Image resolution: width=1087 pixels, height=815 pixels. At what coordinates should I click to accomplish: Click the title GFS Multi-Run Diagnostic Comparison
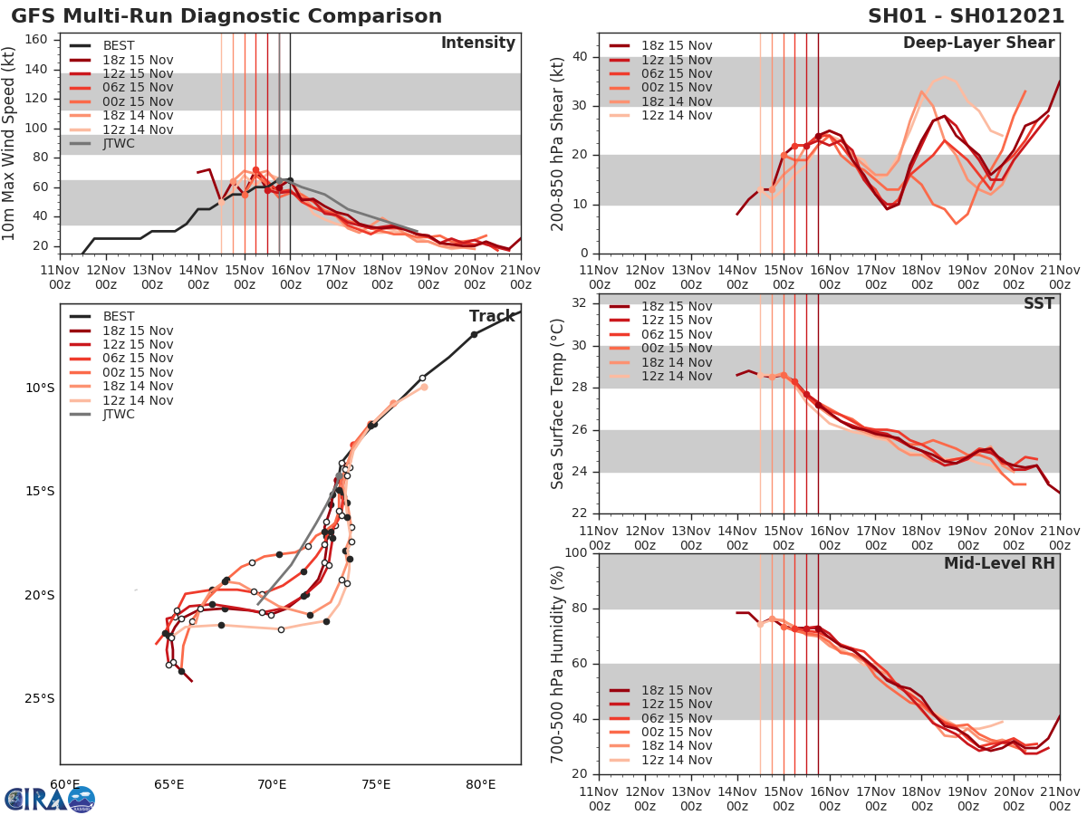pos(226,16)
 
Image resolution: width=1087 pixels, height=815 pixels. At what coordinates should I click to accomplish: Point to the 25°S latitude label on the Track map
pos(39,698)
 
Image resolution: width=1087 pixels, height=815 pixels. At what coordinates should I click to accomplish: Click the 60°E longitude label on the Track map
pos(64,784)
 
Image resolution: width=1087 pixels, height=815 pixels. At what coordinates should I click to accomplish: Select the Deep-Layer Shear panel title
pos(978,43)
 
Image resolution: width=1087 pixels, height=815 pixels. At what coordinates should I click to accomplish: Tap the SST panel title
pos(1038,303)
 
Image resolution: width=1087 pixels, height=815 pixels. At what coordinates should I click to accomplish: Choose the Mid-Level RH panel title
pos(999,563)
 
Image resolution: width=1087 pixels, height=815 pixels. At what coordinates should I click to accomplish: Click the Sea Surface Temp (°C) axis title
pos(559,403)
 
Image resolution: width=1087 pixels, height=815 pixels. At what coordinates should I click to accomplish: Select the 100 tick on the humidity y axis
pos(577,552)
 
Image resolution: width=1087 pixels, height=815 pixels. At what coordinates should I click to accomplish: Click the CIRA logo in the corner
pos(50,799)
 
